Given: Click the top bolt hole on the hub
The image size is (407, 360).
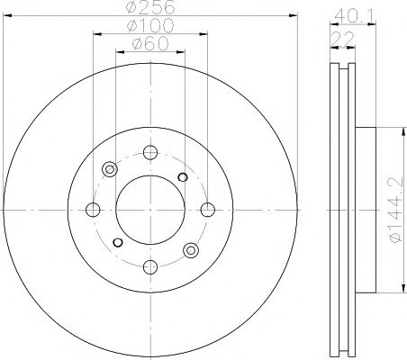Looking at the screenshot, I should point(150,153).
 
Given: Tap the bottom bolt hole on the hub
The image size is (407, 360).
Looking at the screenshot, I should point(150,266).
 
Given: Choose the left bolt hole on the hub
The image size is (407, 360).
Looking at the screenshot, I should point(93,211).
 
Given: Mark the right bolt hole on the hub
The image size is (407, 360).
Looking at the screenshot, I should point(208,211).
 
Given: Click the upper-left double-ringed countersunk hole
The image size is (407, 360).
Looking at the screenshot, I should point(111,169).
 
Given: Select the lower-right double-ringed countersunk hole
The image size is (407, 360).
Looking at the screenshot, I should point(190,250).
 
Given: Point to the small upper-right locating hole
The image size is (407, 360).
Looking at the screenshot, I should point(182,176).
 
